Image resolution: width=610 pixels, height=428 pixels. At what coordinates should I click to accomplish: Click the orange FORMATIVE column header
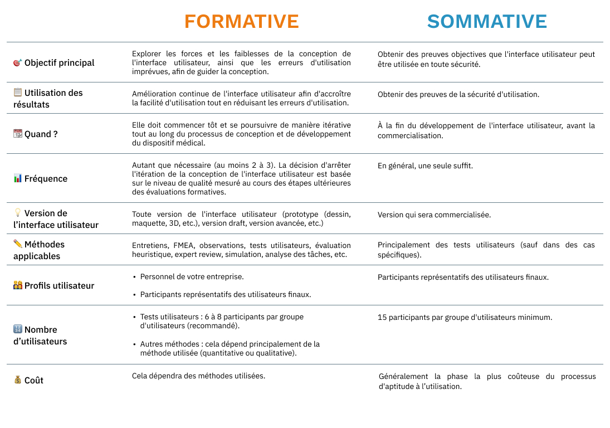click(x=241, y=21)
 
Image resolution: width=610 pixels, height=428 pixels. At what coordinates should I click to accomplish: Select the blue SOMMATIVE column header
click(x=487, y=21)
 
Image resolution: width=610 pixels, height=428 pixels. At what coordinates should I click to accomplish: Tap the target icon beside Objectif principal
click(x=18, y=63)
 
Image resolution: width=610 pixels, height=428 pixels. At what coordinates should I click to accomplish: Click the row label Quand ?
click(x=41, y=134)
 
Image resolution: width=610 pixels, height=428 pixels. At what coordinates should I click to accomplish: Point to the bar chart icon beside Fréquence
click(x=18, y=178)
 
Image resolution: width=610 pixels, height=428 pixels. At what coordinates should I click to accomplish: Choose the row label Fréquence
click(x=46, y=178)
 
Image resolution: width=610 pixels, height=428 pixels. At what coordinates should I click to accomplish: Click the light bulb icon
click(x=18, y=213)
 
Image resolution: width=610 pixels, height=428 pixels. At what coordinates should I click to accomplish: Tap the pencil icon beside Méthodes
click(x=18, y=244)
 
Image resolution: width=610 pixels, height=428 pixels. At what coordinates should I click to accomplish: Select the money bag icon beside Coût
click(x=18, y=380)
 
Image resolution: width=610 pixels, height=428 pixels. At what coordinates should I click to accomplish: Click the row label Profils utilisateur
click(x=59, y=285)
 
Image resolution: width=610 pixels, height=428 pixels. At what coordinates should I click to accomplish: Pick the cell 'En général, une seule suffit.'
click(x=425, y=166)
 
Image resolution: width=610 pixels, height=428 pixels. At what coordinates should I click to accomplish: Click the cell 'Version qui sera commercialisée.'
click(x=434, y=215)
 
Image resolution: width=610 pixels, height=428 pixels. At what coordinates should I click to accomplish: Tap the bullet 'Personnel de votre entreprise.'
click(x=192, y=276)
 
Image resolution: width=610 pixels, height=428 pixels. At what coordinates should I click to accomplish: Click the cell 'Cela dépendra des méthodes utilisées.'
click(x=198, y=376)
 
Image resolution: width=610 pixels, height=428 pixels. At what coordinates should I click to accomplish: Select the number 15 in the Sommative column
click(x=382, y=317)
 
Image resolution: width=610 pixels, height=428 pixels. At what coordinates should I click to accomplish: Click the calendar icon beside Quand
click(x=18, y=134)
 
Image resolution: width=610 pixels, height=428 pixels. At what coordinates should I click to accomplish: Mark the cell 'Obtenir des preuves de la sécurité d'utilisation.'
click(x=458, y=94)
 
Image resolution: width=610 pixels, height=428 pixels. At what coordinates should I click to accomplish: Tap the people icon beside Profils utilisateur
click(x=18, y=285)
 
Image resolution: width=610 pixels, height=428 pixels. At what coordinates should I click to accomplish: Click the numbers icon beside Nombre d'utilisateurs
click(x=18, y=329)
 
